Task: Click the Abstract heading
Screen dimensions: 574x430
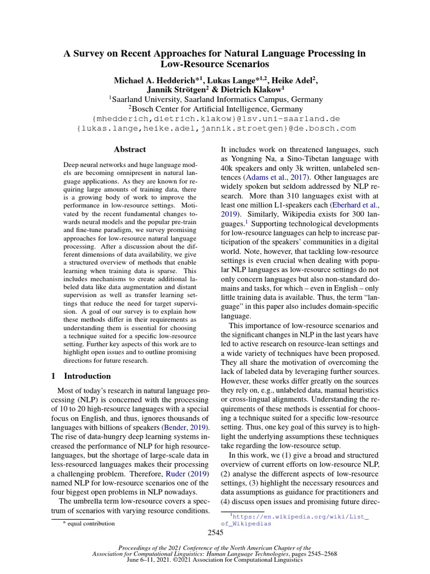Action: (130, 150)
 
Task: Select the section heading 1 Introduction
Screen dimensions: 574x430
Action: (81, 376)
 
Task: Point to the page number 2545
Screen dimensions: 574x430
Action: (215, 533)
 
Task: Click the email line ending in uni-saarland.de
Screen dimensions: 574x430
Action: (216, 119)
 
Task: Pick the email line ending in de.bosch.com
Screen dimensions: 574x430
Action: (216, 128)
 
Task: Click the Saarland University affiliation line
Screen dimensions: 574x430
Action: (216, 99)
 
